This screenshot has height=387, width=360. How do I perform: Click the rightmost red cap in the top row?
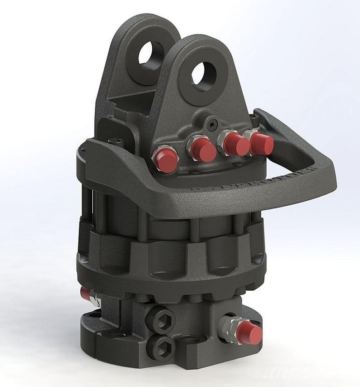pyautogui.click(x=262, y=143)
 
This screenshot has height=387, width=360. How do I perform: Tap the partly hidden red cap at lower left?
pyautogui.click(x=85, y=293)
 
